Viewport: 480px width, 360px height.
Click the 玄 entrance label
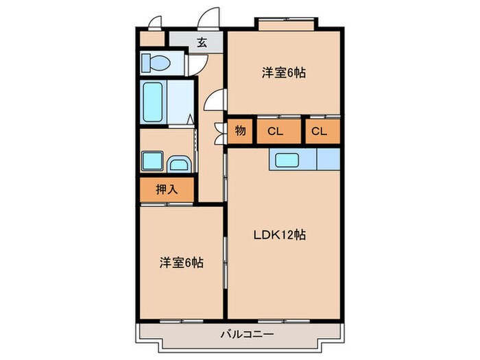click(x=202, y=43)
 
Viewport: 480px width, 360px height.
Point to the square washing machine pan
click(x=152, y=163)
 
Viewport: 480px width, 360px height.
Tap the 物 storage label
click(x=241, y=131)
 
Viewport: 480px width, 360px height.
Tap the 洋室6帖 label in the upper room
click(x=283, y=72)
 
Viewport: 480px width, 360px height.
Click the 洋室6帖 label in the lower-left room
click(x=182, y=262)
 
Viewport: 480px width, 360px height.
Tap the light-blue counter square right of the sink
click(x=328, y=160)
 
